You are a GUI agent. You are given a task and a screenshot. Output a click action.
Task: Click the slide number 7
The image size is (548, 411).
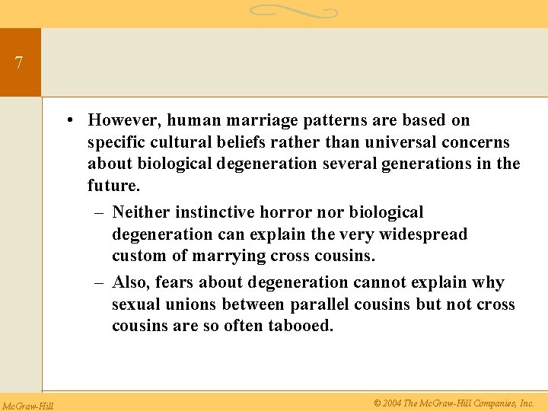tap(19, 63)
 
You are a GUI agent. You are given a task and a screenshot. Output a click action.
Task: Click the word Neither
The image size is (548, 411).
tap(145, 212)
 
